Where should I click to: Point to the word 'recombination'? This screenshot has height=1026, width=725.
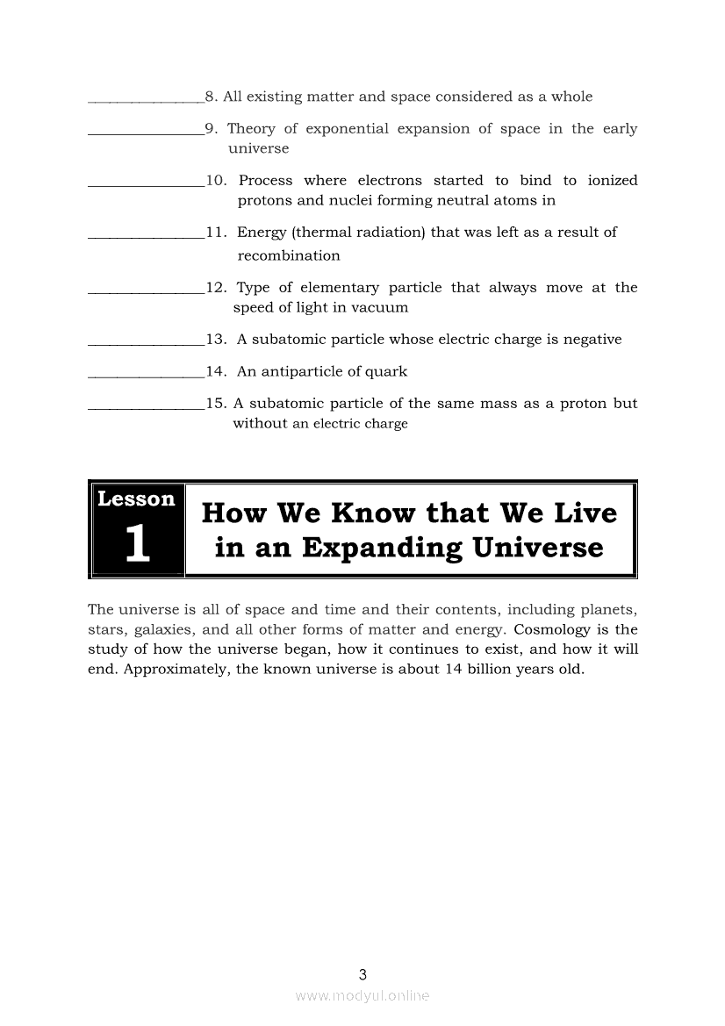click(x=289, y=256)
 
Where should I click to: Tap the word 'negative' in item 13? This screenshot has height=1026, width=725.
click(x=590, y=340)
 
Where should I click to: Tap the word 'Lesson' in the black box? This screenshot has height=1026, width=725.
click(x=137, y=499)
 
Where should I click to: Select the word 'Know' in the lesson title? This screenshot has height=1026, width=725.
click(x=370, y=513)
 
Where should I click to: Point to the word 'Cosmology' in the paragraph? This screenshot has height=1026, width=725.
click(x=553, y=629)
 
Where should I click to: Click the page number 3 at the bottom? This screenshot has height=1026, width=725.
click(x=362, y=973)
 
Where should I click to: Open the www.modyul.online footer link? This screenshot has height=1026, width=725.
click(x=362, y=995)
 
